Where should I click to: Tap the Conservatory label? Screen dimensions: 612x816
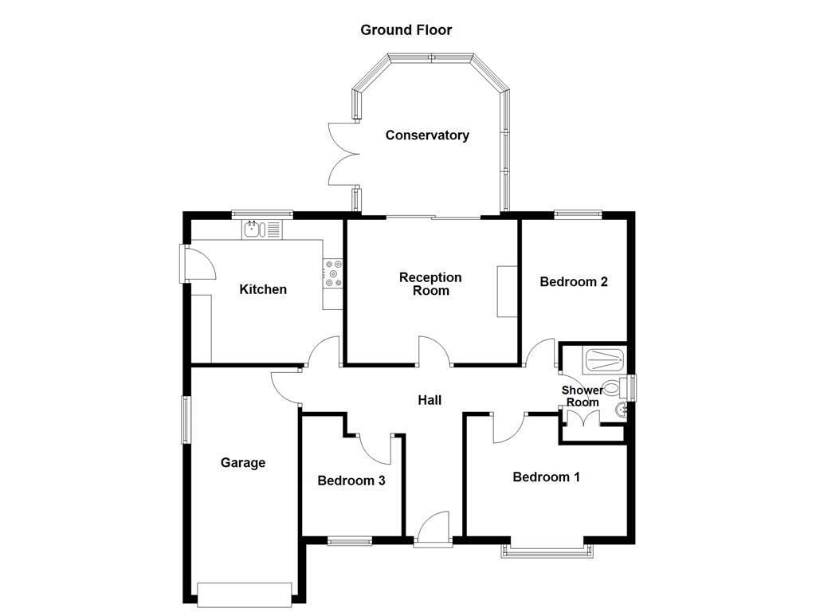coord(427,135)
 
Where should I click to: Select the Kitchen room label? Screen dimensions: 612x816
coord(263,289)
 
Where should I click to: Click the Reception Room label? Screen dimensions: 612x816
coord(430,284)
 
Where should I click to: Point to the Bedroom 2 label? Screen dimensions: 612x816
coord(574,281)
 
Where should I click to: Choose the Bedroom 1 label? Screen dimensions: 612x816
coord(546,477)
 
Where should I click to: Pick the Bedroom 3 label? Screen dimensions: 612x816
coord(351,481)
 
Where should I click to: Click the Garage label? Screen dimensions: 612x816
coord(243,463)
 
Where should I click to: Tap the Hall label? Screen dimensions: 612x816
coord(430,400)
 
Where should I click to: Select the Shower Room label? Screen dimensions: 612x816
coord(583,396)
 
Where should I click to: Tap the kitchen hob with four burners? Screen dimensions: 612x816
coord(333,273)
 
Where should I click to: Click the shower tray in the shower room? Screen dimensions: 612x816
coord(605,360)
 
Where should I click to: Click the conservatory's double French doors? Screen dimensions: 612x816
coord(340,155)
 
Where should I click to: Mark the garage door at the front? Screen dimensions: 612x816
coord(245,594)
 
